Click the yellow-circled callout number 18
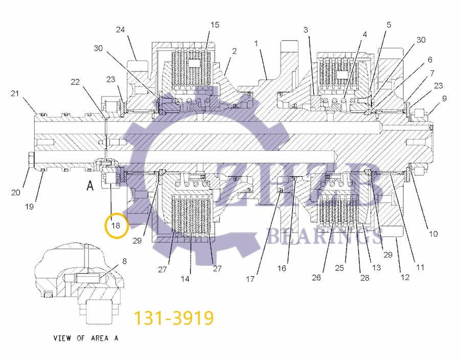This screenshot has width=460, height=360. [116, 225]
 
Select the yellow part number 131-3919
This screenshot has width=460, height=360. [173, 318]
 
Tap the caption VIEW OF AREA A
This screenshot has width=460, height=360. [86, 338]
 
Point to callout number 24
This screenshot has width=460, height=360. [120, 30]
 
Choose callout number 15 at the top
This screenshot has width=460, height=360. [215, 25]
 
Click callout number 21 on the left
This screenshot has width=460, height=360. [15, 93]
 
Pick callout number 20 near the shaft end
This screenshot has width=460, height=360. [15, 193]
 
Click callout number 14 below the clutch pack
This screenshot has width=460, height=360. [185, 279]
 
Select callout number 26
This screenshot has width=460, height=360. [316, 277]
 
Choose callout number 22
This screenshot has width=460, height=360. [75, 82]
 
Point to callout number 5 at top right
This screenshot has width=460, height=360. [389, 25]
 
